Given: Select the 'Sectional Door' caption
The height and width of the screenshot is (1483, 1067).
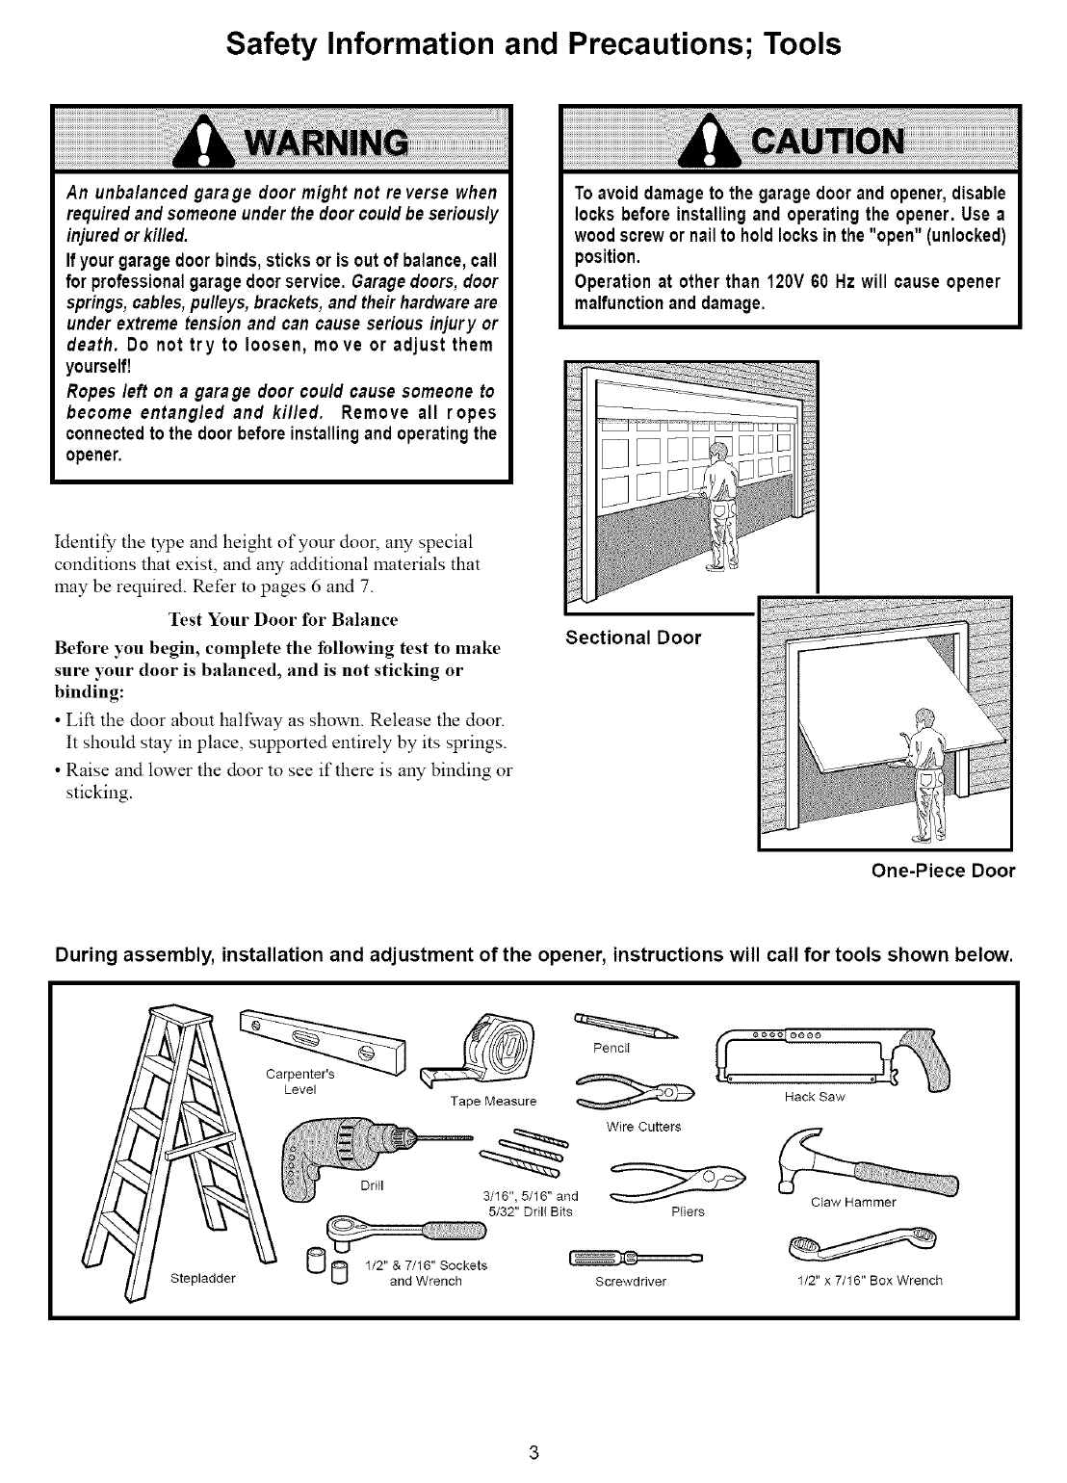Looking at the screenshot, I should tap(633, 637).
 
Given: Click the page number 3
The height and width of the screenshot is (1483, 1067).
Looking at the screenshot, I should tap(533, 1453).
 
